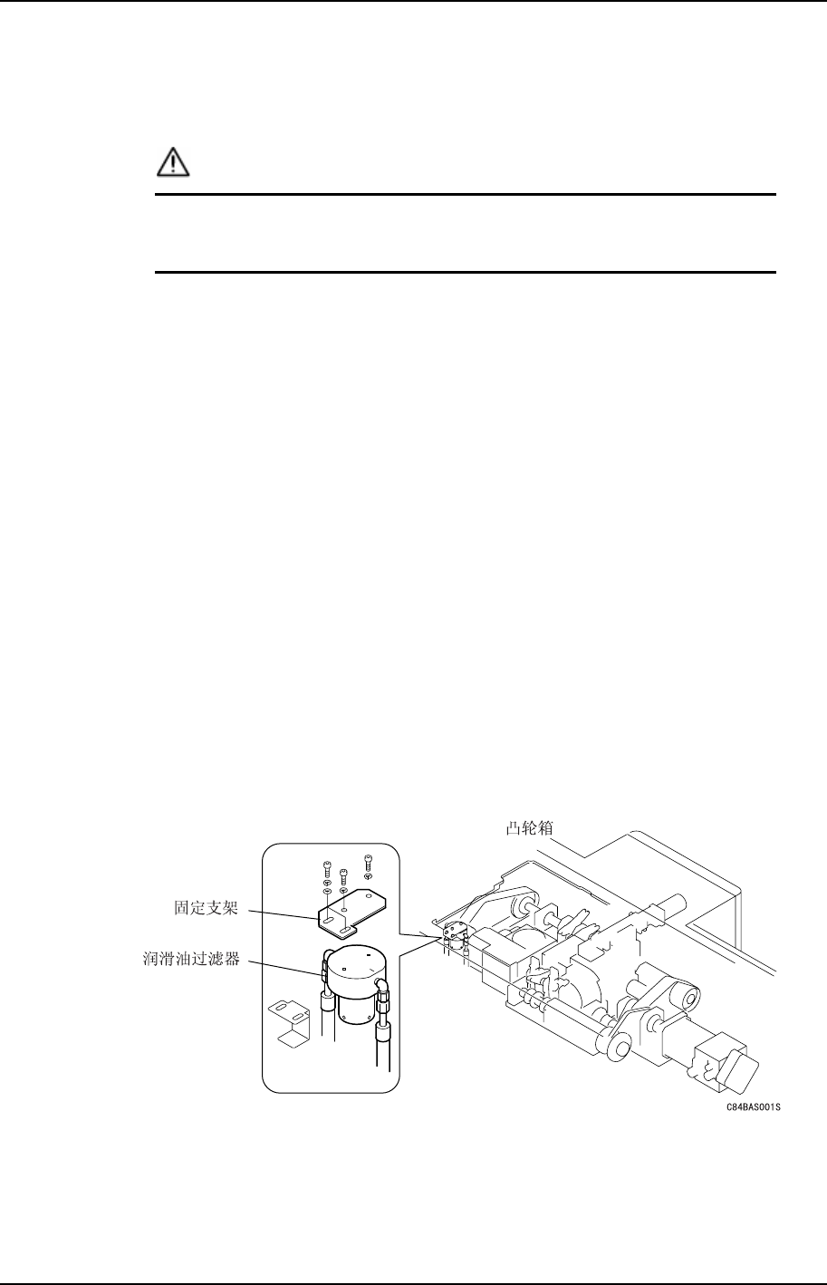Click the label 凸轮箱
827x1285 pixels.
pyautogui.click(x=529, y=827)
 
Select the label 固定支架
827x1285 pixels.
pyautogui.click(x=206, y=908)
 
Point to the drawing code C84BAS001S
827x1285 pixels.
pyautogui.click(x=752, y=1107)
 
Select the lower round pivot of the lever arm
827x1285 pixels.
pyautogui.click(x=618, y=1048)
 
